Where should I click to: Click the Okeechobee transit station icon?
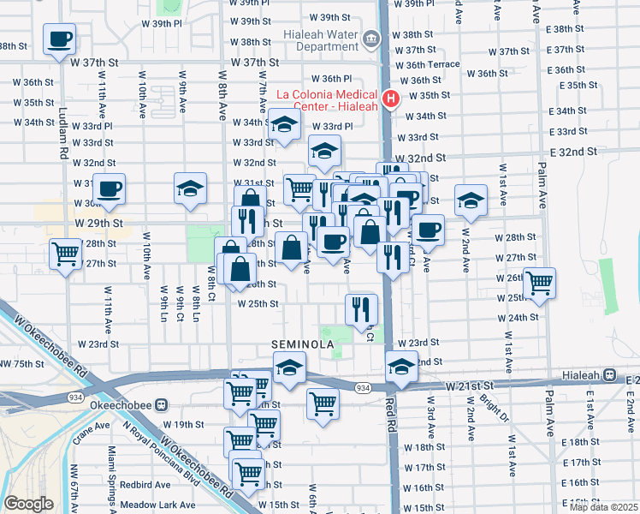[x=162, y=404]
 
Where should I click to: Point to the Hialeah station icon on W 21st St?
[x=610, y=375]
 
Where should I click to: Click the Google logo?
[x=27, y=504]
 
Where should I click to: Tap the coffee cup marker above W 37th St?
[x=59, y=39]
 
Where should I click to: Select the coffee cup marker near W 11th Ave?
[x=109, y=189]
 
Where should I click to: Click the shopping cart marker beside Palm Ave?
[x=539, y=283]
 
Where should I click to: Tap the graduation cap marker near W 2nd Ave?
[x=470, y=200]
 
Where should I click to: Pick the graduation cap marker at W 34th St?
[x=284, y=125]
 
